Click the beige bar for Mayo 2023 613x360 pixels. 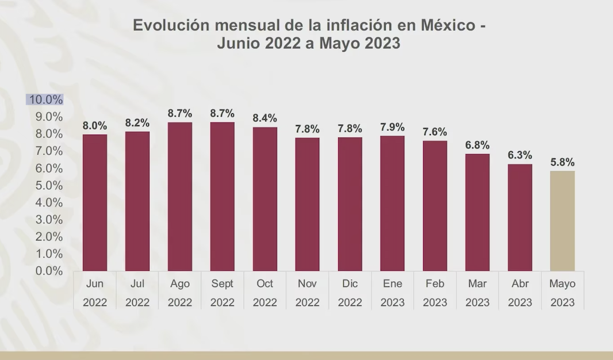(x=562, y=221)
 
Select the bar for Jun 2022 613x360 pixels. (x=95, y=202)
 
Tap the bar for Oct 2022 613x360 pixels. (x=265, y=199)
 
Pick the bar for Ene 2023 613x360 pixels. (x=392, y=203)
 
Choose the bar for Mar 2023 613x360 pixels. (x=477, y=212)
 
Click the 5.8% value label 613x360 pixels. (x=562, y=162)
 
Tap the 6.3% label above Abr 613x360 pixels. (x=520, y=155)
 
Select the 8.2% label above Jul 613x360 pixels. (x=137, y=123)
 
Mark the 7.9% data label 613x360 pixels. (x=392, y=127)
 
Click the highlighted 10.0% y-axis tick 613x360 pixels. (x=45, y=99)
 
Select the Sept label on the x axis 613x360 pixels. (x=223, y=284)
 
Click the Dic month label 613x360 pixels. (x=350, y=284)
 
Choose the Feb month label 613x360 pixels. (x=435, y=284)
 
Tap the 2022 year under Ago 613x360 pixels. (x=180, y=302)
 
